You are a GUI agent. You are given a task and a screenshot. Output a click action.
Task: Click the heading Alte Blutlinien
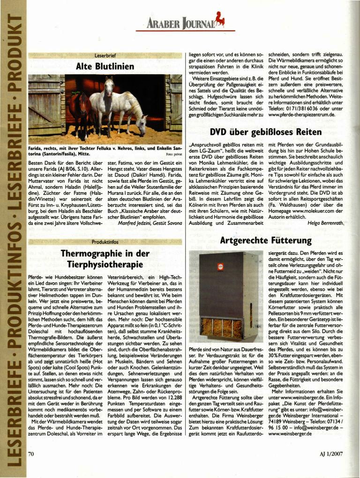tap(105, 66)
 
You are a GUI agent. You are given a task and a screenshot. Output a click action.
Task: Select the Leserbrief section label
tap(105, 55)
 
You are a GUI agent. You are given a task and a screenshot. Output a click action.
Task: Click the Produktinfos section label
tap(105, 241)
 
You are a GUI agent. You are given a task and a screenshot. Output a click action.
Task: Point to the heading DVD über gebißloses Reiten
tap(265, 132)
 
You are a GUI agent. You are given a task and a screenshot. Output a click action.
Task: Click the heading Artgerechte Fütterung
tap(265, 240)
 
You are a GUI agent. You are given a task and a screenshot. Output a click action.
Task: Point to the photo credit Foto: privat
tap(174, 154)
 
